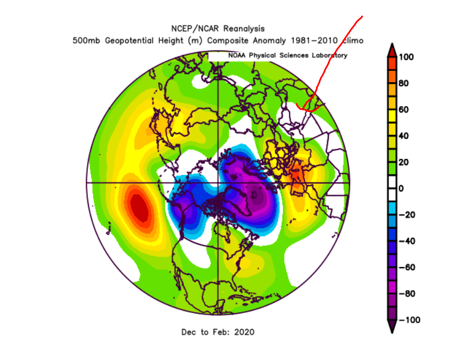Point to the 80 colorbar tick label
point(406,83)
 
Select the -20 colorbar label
point(406,214)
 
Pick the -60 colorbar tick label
point(406,267)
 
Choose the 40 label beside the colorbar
point(406,135)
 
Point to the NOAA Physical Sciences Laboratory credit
point(287,55)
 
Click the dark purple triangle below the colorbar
point(391,327)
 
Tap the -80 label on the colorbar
point(406,293)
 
